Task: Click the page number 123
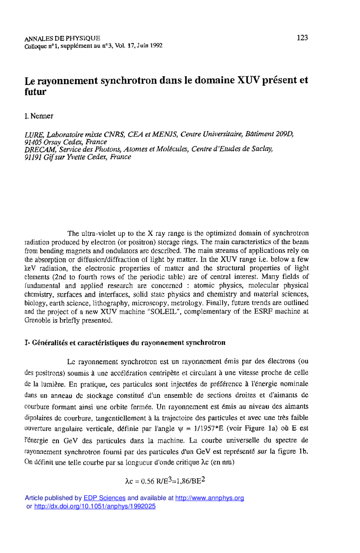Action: coord(302,38)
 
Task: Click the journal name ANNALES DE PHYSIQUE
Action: coord(62,38)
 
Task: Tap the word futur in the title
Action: coord(35,92)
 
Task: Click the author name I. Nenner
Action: coord(39,116)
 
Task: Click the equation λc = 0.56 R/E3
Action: coord(149,481)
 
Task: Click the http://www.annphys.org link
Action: coord(209,498)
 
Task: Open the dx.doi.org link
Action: coord(95,506)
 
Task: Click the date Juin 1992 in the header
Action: coord(149,46)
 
